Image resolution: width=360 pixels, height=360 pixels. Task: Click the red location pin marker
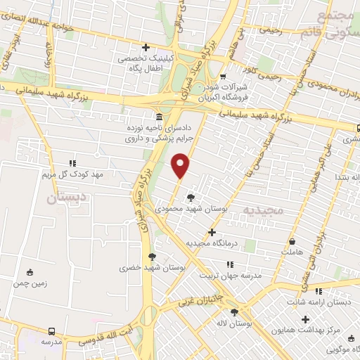(181, 166)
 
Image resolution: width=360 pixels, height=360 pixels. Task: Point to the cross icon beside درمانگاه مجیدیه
(212, 232)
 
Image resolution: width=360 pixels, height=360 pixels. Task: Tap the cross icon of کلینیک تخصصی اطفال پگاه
(146, 48)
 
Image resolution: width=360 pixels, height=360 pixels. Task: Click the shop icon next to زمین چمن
(30, 273)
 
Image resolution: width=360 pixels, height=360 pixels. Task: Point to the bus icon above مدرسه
(51, 330)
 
